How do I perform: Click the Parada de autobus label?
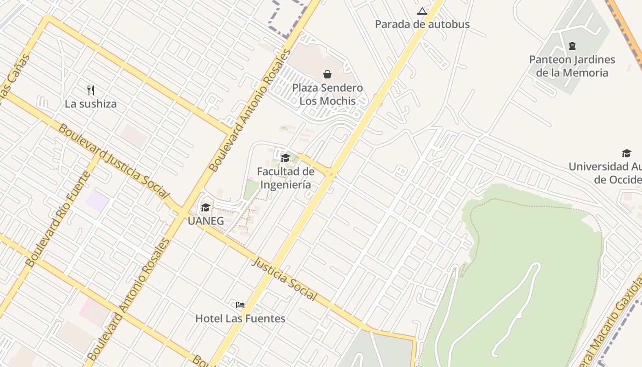coord(422,24)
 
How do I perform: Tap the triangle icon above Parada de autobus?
coord(422,11)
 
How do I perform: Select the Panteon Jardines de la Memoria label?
coord(572,66)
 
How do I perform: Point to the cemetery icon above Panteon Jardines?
coord(572,46)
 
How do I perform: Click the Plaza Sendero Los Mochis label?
coord(327,94)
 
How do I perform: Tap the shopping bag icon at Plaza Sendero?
coord(327,74)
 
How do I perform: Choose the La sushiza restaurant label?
coord(90,104)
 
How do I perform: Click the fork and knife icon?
coord(91,90)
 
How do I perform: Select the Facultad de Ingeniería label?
coord(285,178)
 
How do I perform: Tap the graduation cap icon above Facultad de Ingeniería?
coord(285,158)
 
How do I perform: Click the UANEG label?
coord(205,221)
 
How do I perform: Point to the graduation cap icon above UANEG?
coord(205,208)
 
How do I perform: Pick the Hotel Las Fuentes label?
coord(240,318)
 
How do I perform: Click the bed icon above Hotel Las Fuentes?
coord(240,305)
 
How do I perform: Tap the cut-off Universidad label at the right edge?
coord(605,173)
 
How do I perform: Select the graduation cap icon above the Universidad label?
coord(626,153)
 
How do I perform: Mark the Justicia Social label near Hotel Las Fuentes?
coord(284,279)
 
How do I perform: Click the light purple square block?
coord(98,201)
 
